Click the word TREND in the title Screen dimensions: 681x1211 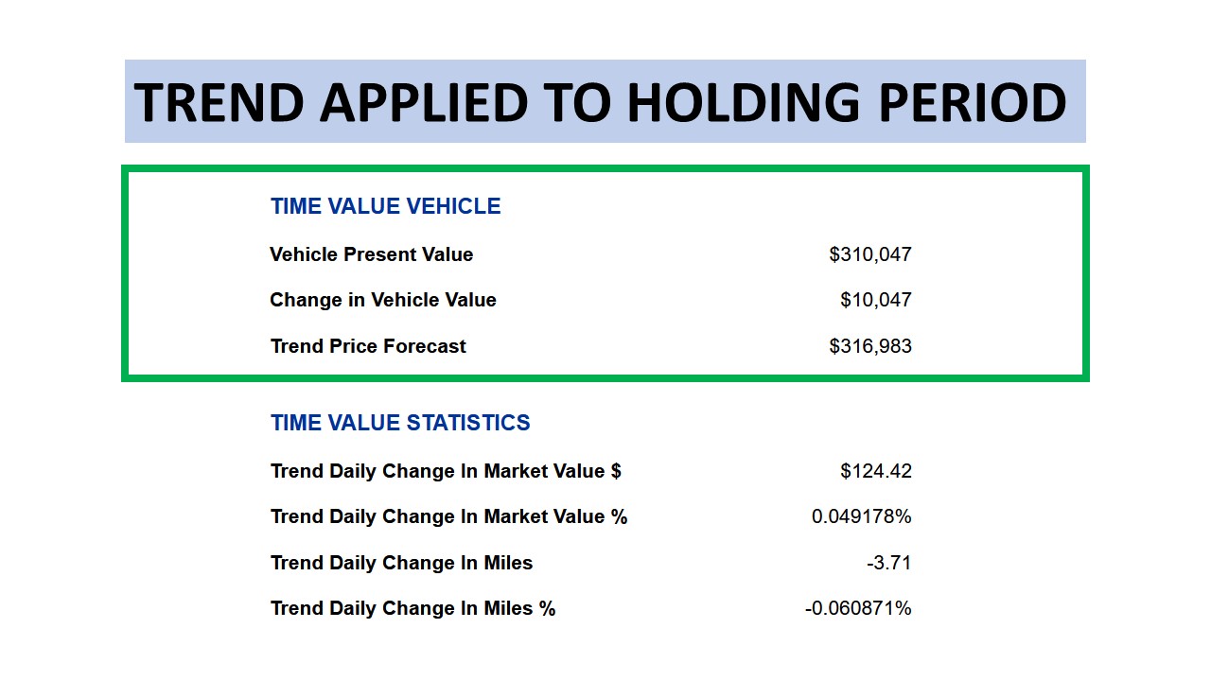(x=219, y=102)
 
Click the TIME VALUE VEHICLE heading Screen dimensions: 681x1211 (x=385, y=206)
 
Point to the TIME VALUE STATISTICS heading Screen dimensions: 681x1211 (x=400, y=423)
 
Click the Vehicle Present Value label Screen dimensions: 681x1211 (x=371, y=254)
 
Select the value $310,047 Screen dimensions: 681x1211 (x=870, y=254)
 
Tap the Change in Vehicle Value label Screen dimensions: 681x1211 (x=383, y=300)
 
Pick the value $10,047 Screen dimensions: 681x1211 (x=876, y=300)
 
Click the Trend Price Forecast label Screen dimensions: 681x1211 (x=368, y=346)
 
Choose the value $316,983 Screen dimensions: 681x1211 (x=870, y=346)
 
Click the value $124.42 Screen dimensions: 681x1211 (x=876, y=471)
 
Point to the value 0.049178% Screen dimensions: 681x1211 (x=862, y=516)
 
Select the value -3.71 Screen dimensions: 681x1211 (x=889, y=563)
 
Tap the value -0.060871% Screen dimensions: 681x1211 (x=858, y=608)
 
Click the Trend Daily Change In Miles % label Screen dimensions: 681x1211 (x=412, y=608)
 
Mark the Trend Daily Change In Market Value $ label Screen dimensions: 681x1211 (x=446, y=471)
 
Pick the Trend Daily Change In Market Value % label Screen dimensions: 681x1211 (x=448, y=516)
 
